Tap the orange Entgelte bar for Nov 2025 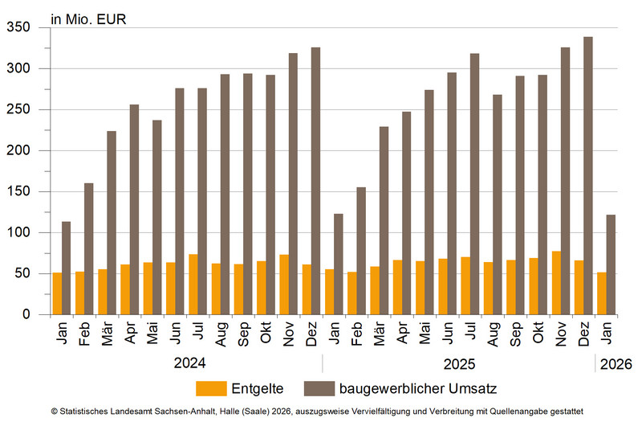click(556, 283)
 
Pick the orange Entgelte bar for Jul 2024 click(193, 285)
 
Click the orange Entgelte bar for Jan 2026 click(602, 293)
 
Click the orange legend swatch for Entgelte click(211, 389)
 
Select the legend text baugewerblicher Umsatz click(418, 389)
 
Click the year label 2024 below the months click(189, 364)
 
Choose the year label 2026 click(616, 364)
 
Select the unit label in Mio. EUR click(88, 17)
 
